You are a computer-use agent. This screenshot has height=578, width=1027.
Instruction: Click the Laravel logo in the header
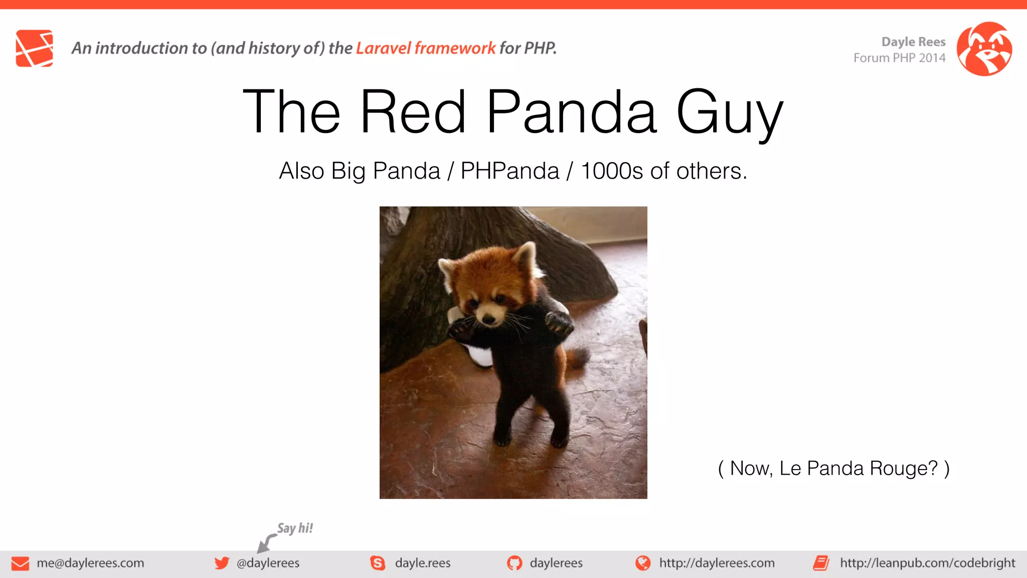click(x=34, y=48)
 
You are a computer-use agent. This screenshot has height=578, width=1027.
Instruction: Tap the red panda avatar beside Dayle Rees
click(x=984, y=49)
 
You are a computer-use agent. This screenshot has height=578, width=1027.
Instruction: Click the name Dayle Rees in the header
click(x=913, y=42)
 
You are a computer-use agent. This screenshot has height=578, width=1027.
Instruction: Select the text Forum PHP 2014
click(x=899, y=58)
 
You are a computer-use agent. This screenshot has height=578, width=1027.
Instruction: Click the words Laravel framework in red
click(x=425, y=48)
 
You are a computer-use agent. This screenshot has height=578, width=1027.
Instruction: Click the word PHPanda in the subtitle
click(x=509, y=171)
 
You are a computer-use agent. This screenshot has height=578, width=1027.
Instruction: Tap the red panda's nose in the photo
click(x=487, y=319)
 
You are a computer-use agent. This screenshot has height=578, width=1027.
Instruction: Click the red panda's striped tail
click(x=577, y=358)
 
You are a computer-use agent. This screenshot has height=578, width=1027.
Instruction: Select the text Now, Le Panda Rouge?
click(x=833, y=469)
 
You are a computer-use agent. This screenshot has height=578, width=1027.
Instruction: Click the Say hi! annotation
click(x=295, y=528)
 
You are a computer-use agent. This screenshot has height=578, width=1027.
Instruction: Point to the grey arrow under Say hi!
click(x=266, y=543)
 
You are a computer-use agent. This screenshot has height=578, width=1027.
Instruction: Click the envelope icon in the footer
click(x=20, y=563)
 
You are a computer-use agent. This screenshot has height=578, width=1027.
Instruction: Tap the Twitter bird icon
click(x=221, y=563)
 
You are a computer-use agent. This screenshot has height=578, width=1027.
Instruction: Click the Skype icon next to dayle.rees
click(x=378, y=563)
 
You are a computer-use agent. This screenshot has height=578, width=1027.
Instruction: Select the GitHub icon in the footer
click(x=514, y=563)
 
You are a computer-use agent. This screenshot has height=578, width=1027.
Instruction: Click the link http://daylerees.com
click(x=717, y=563)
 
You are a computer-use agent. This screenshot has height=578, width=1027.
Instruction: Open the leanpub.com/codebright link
click(x=927, y=563)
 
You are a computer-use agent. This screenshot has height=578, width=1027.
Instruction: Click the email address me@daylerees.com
click(x=90, y=563)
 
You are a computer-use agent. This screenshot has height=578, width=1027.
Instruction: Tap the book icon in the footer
click(x=821, y=563)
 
